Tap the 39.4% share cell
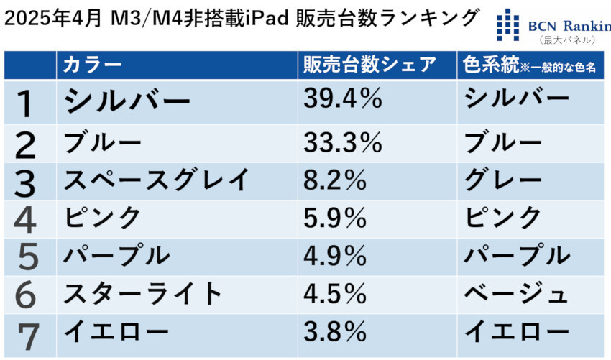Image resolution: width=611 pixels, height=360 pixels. click(342, 100)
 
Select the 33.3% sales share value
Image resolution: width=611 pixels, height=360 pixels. click(342, 143)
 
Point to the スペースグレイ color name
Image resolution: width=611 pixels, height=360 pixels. click(156, 180)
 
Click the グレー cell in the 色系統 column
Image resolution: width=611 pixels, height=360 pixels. click(503, 180)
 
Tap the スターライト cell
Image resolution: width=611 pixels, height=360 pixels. click(144, 292)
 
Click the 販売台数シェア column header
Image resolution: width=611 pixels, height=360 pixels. click(369, 65)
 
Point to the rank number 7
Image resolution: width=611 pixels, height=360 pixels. click(27, 334)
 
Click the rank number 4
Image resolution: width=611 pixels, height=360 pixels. click(27, 220)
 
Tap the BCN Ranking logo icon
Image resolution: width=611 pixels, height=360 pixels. click(508, 24)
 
